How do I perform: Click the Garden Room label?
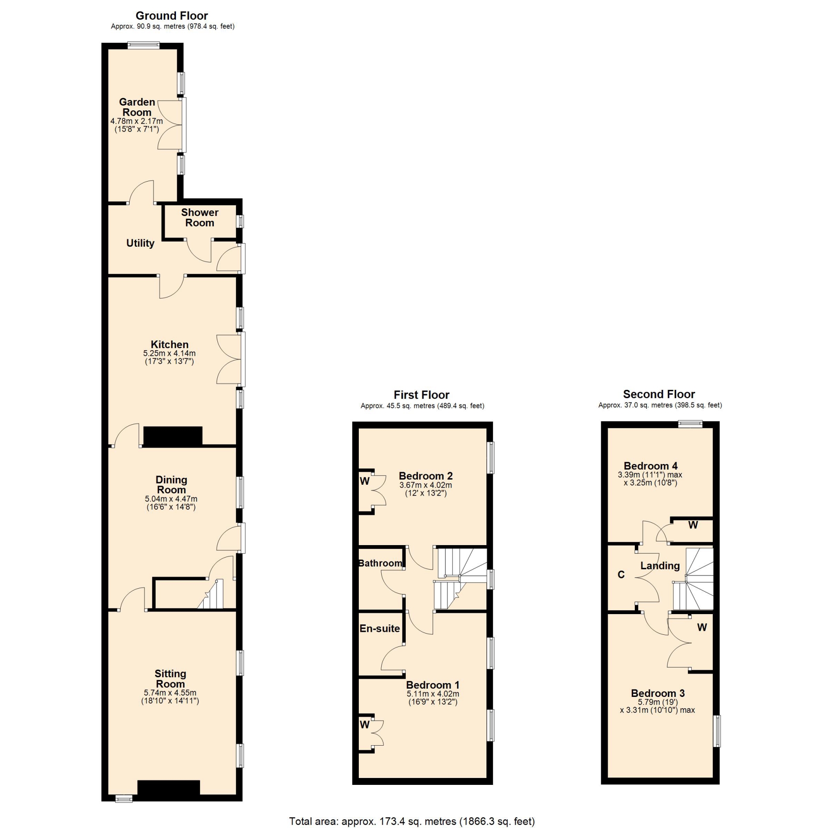[x=137, y=107]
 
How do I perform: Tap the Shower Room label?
[x=200, y=217]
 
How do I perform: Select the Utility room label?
[x=140, y=243]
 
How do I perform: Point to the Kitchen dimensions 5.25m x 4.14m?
[x=169, y=353]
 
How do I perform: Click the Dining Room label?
[x=171, y=485]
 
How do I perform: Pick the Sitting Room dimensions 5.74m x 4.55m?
[x=170, y=693]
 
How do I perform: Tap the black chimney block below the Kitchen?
[x=173, y=436]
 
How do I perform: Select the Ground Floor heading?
[x=172, y=16]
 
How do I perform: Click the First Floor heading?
[x=421, y=395]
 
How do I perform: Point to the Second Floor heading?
[x=659, y=394]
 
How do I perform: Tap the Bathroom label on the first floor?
[x=380, y=563]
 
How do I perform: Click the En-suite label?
[x=380, y=628]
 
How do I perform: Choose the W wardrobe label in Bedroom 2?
[x=365, y=481]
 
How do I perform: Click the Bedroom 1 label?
[x=433, y=685]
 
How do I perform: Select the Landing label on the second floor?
[x=660, y=566]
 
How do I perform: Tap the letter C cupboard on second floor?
[x=621, y=574]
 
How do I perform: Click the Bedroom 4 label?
[x=650, y=466]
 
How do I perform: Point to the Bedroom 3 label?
[x=658, y=693]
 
